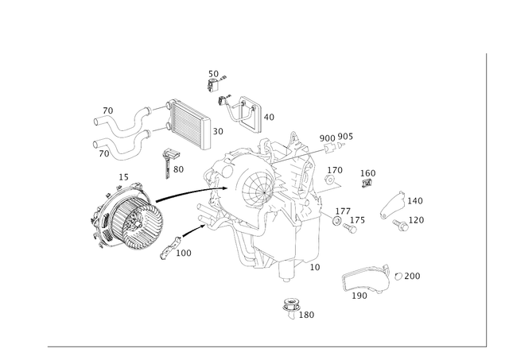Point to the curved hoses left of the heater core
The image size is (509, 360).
(x=119, y=131)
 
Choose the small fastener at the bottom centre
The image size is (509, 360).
(x=291, y=307)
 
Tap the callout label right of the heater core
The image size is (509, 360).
(x=219, y=128)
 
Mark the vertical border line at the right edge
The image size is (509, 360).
(x=484, y=199)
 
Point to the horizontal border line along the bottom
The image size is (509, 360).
(x=262, y=346)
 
